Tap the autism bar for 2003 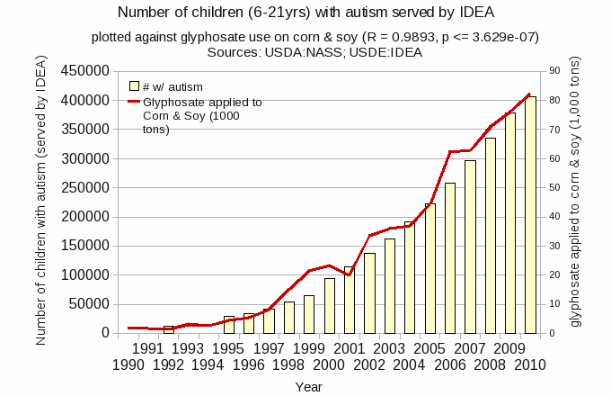[390, 285]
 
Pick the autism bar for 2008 [491, 235]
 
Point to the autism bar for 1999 [309, 314]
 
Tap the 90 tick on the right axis [554, 71]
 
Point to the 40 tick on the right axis [554, 217]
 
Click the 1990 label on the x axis [128, 364]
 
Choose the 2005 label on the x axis [430, 348]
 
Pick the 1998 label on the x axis [288, 364]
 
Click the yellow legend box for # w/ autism [134, 86]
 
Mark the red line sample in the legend [134, 102]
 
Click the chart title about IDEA [305, 13]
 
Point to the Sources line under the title [305, 53]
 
